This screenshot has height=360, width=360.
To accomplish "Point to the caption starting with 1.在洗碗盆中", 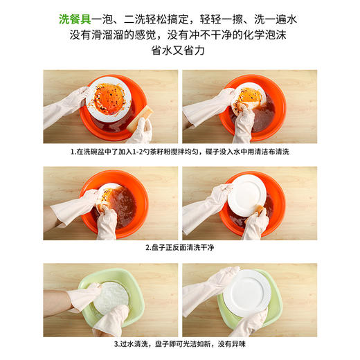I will [179, 152].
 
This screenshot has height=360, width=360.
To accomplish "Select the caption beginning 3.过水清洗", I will [179, 342].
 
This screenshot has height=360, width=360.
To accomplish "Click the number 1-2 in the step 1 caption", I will [138, 152].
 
